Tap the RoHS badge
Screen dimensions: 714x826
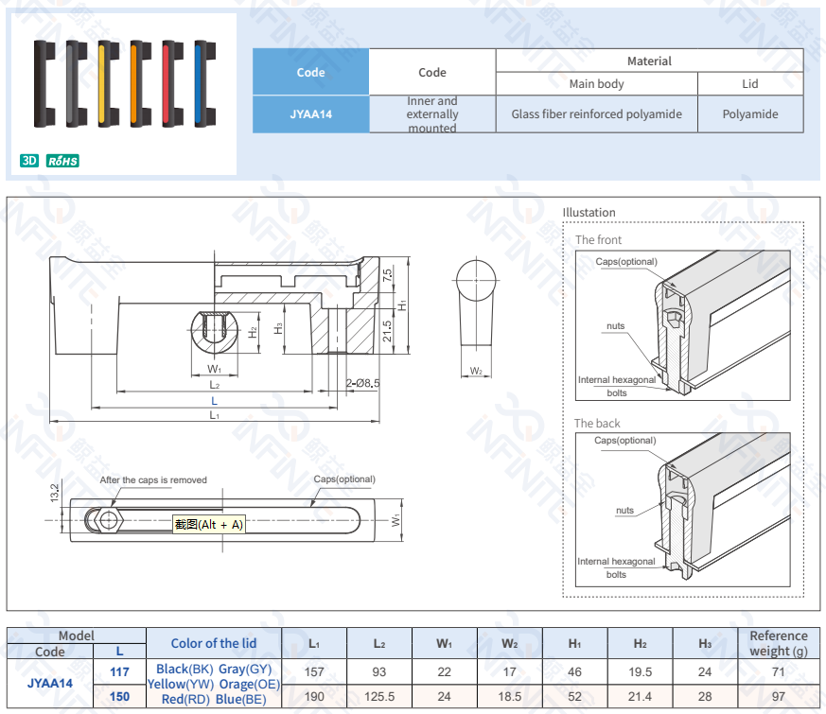62,161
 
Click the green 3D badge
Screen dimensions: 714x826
29,161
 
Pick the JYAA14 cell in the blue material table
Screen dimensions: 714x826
310,114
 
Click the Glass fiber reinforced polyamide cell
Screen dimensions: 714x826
596,114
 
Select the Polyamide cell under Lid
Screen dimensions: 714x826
749,114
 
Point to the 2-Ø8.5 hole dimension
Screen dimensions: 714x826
362,383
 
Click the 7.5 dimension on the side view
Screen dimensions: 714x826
387,276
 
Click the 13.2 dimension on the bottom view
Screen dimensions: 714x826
55,493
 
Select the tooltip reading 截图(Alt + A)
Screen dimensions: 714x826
208,524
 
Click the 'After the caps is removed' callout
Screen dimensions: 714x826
153,480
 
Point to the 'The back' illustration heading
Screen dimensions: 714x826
597,424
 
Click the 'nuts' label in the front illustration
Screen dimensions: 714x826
615,326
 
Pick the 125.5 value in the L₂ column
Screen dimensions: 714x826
378,697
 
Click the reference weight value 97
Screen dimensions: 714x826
778,697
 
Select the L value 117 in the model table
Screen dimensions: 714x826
120,671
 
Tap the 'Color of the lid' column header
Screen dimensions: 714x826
213,643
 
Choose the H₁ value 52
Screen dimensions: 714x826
574,697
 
